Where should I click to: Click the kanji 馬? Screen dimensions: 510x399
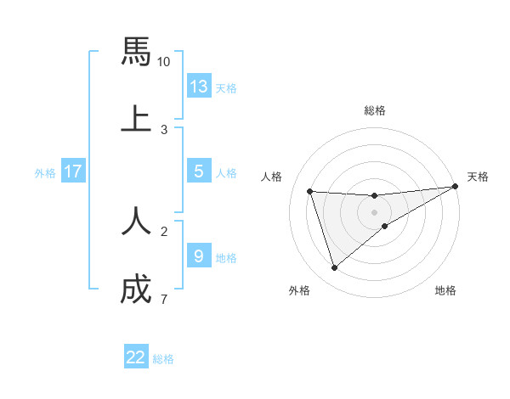136,53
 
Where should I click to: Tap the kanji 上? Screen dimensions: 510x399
136,118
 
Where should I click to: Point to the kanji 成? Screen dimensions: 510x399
136,289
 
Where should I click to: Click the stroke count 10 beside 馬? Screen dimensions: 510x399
164,62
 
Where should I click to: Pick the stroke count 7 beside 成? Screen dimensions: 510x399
163,299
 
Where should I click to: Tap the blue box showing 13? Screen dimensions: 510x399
199,87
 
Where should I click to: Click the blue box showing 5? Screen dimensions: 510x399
199,171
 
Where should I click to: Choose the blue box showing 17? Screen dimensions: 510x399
73,171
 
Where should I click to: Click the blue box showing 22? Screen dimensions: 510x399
136,357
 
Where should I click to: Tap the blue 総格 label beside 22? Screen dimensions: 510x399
163,359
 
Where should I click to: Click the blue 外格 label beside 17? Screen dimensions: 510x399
45,173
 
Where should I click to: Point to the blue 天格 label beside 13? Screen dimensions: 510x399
226,88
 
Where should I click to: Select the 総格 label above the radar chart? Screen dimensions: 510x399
374,110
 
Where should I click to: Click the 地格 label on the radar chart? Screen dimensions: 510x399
445,291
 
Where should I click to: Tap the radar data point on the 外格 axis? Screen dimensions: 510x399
335,268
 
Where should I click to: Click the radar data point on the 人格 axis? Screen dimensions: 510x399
310,191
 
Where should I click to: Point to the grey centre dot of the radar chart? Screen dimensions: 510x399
374,212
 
